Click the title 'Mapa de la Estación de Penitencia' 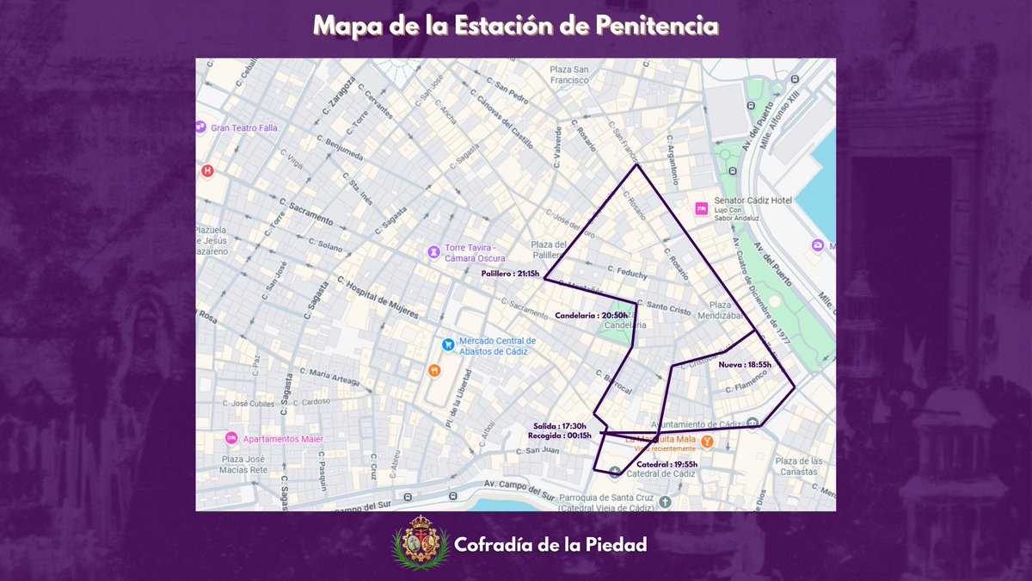(515, 25)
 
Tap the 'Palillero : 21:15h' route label (510, 274)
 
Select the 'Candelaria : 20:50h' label (591, 315)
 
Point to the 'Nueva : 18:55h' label (745, 364)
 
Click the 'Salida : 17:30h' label (560, 426)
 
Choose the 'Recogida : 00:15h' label (559, 436)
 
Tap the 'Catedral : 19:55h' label (666, 464)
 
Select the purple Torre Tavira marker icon (434, 252)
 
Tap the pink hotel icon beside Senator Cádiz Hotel (702, 208)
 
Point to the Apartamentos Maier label (283, 438)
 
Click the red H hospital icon (206, 170)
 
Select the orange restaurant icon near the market (434, 370)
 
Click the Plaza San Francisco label (569, 75)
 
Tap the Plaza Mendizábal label (731, 310)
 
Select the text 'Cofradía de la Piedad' (550, 545)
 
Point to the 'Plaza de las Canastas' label (799, 467)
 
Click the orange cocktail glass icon (706, 442)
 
